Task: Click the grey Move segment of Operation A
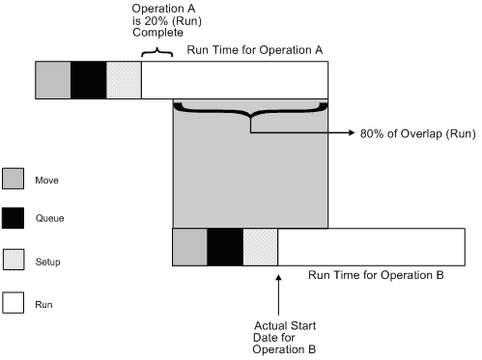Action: (x=53, y=80)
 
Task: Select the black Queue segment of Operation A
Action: (x=88, y=80)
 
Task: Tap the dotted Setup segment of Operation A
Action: (x=124, y=80)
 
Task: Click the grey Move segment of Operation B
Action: (x=189, y=246)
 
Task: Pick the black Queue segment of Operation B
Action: (x=224, y=246)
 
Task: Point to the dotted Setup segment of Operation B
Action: (x=260, y=246)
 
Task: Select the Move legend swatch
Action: (x=14, y=180)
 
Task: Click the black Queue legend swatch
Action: (x=14, y=220)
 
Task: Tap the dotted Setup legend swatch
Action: (x=14, y=262)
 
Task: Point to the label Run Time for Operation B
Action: (x=376, y=276)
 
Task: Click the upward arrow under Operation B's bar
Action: (x=278, y=290)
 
